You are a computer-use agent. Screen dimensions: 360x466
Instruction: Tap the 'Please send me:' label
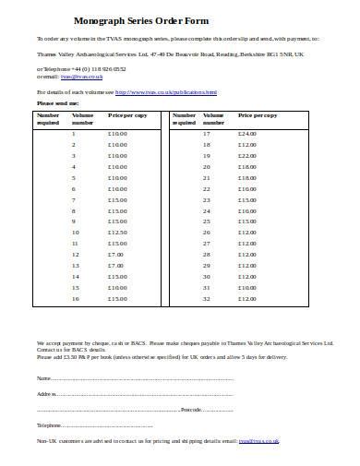click(57, 104)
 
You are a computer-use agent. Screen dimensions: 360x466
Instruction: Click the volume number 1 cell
click(74, 134)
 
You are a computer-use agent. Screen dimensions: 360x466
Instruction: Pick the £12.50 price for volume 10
click(118, 233)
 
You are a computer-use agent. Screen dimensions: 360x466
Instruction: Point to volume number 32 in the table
click(207, 299)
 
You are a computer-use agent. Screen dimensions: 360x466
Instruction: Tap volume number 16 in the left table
click(74, 299)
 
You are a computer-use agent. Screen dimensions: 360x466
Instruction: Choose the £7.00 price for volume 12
click(116, 255)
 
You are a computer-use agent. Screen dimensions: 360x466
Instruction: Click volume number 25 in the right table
click(207, 221)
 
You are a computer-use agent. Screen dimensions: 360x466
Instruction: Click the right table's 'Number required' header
click(185, 119)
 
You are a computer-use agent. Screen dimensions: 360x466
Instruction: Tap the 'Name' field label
click(43, 379)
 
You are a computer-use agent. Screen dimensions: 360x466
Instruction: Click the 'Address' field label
click(46, 394)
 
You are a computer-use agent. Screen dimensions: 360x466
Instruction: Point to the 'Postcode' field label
click(191, 409)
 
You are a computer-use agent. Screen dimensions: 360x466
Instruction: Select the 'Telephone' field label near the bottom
click(49, 424)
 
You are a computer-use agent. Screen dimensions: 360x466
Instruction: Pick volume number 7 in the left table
click(74, 199)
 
